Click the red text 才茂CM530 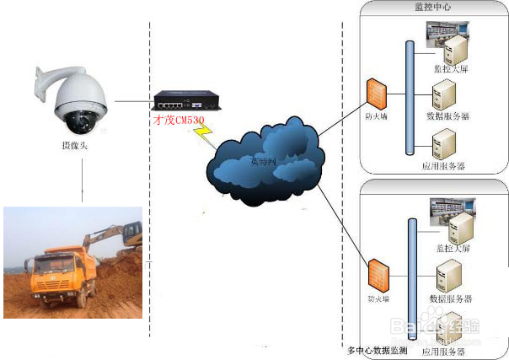[x=179, y=121]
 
